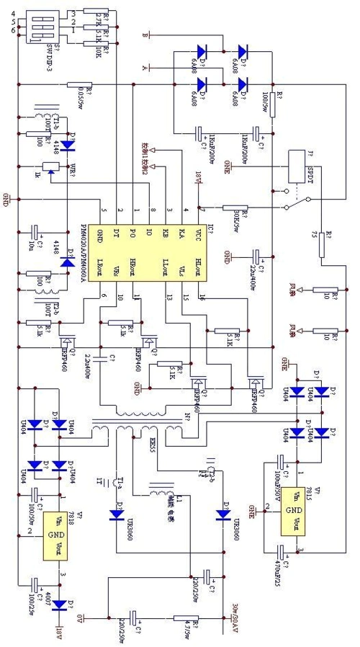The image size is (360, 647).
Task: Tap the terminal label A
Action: [x=146, y=68]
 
